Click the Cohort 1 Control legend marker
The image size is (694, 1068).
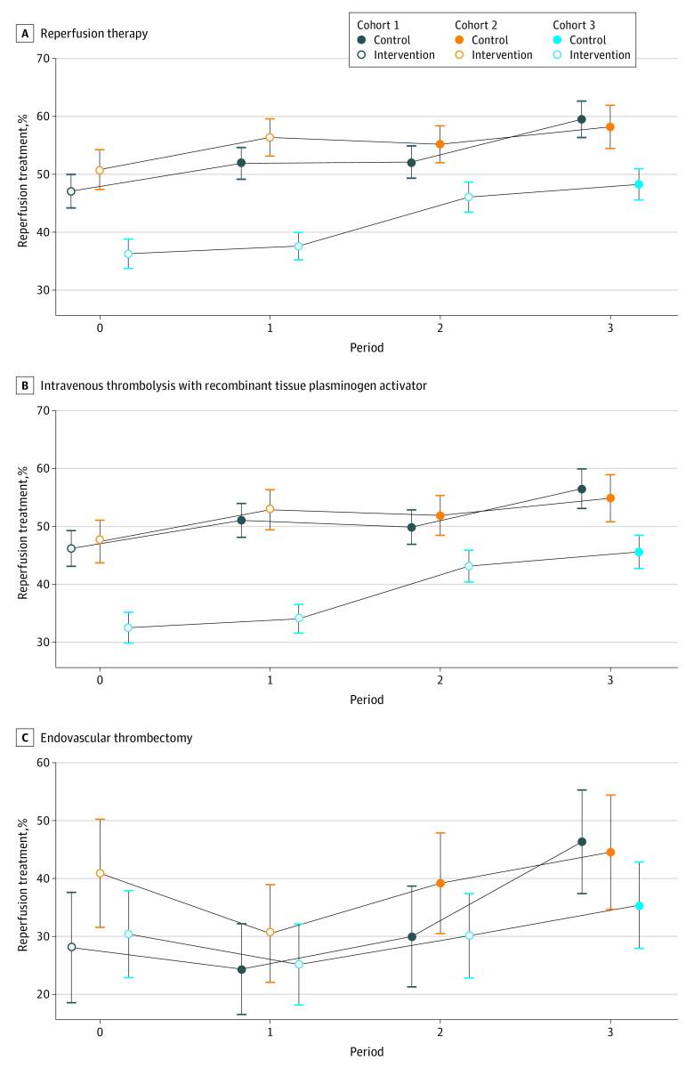361,40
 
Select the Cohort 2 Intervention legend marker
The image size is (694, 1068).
460,55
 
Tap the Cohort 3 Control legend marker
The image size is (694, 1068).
559,40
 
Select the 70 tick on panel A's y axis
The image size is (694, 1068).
42,59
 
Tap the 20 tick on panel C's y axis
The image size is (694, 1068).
42,994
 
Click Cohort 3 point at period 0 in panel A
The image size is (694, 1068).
128,254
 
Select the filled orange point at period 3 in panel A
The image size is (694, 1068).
610,126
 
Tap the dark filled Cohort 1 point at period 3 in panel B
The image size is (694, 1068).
582,489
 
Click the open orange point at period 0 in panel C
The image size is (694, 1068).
100,873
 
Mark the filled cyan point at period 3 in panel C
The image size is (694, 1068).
639,905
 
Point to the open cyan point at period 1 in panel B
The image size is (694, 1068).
299,618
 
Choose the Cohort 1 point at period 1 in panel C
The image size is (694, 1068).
241,969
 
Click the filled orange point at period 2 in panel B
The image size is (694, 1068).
440,515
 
